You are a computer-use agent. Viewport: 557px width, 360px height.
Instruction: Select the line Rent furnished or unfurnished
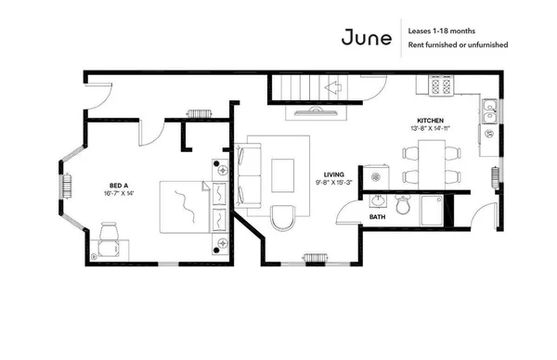coord(456,45)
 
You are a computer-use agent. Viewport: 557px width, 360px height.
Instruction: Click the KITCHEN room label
coord(430,121)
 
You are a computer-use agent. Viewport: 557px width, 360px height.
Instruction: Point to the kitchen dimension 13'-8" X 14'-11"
coord(430,130)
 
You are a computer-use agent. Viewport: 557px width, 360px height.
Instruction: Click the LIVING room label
coord(335,174)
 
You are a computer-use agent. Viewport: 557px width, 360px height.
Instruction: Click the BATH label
coord(378,217)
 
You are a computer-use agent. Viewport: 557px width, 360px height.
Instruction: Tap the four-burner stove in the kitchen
coord(440,86)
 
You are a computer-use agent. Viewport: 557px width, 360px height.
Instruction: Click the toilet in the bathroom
coord(402,206)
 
